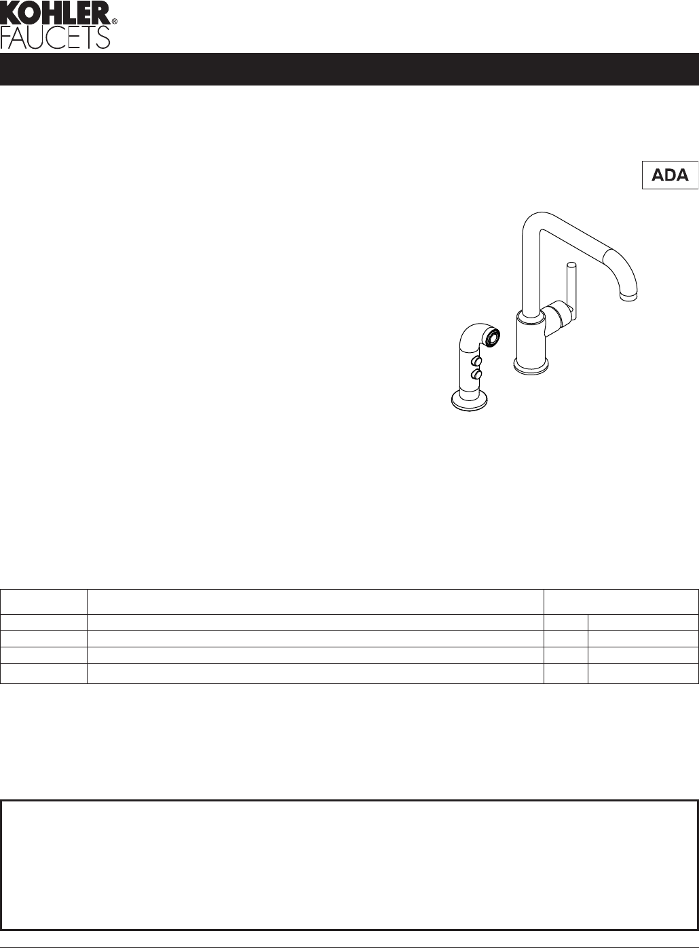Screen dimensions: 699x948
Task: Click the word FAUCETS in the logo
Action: (55, 37)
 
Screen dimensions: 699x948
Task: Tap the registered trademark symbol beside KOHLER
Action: (115, 21)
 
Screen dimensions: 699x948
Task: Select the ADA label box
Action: (670, 175)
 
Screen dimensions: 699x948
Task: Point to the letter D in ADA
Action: (670, 175)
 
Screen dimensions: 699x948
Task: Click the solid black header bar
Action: (349, 69)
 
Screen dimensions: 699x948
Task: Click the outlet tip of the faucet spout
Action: (628, 297)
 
